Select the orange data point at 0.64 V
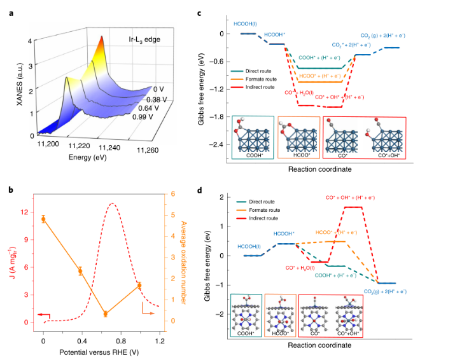(x=105, y=314)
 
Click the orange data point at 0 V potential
(x=43, y=219)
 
